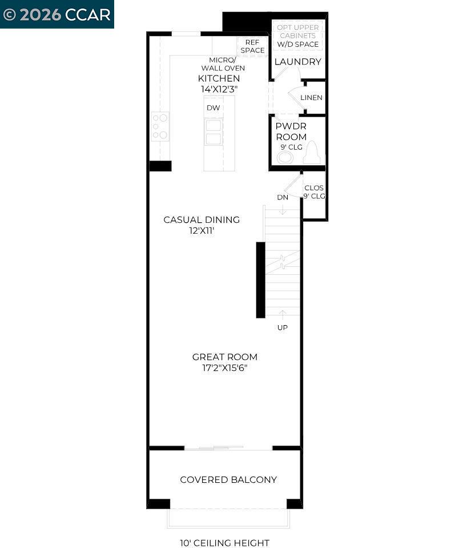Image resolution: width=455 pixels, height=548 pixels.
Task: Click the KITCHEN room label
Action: click(219, 78)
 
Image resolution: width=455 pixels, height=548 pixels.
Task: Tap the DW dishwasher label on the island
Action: click(213, 107)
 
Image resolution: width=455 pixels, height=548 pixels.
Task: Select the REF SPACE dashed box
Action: click(252, 46)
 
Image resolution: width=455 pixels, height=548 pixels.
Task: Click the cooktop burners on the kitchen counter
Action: click(160, 126)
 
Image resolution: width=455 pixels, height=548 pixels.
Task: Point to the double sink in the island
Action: click(214, 132)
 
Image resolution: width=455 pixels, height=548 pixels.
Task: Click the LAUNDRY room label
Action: click(297, 62)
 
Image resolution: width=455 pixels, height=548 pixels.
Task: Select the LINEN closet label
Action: click(311, 98)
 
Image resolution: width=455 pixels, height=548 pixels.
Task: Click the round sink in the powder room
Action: click(285, 157)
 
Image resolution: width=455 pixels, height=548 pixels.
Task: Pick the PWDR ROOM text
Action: click(291, 131)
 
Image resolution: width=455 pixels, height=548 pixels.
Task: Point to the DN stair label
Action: click(283, 197)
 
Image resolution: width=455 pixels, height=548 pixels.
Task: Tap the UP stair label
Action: click(283, 327)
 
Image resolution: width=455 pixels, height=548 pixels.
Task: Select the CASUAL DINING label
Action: click(202, 219)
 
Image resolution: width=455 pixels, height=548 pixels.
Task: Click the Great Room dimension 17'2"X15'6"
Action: click(224, 368)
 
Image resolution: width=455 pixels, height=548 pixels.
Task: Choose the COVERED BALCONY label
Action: click(228, 479)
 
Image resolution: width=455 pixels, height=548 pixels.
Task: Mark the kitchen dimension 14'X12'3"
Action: click(219, 89)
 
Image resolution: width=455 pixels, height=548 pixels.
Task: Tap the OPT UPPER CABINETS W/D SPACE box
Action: click(298, 35)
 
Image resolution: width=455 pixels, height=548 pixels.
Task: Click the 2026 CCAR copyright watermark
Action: click(57, 14)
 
